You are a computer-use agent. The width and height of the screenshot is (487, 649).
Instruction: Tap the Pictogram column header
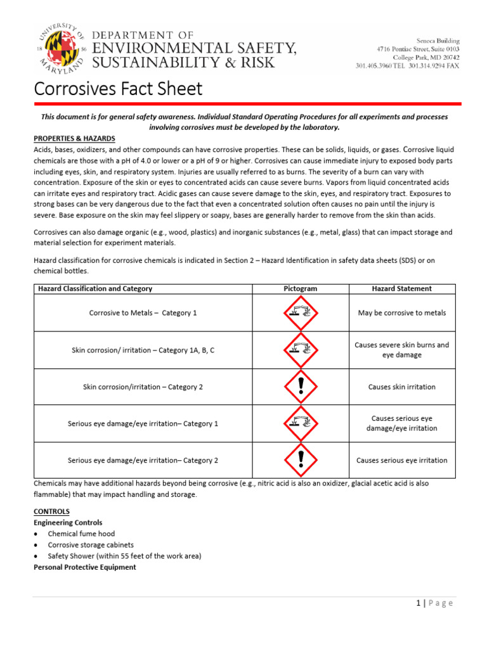point(300,289)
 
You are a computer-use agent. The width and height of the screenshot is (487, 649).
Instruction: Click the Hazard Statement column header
point(401,289)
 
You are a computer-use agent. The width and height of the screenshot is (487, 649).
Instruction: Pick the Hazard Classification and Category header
point(96,289)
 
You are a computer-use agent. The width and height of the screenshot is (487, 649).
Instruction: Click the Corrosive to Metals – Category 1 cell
point(143,313)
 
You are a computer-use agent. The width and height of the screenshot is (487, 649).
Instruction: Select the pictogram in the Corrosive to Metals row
point(301,313)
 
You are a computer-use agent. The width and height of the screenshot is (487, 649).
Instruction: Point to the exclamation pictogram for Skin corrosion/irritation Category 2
point(301,387)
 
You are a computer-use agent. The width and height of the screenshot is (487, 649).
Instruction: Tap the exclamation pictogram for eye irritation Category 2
point(301,460)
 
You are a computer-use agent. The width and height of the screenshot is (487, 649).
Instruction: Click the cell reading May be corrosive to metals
point(401,313)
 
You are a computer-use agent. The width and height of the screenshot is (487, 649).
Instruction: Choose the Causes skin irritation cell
point(401,387)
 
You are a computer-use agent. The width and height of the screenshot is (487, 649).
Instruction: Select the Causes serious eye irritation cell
point(401,460)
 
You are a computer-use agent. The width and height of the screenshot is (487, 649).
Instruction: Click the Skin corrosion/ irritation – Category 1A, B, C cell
point(143,350)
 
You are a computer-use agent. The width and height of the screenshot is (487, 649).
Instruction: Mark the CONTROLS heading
point(51,511)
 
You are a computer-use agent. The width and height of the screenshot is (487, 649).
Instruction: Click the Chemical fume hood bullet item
point(82,534)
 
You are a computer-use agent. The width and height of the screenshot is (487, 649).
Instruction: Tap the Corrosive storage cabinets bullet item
point(91,545)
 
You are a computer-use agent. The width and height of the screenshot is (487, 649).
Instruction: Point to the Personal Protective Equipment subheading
point(84,567)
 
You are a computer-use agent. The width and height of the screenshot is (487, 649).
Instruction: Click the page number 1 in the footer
point(419,603)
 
